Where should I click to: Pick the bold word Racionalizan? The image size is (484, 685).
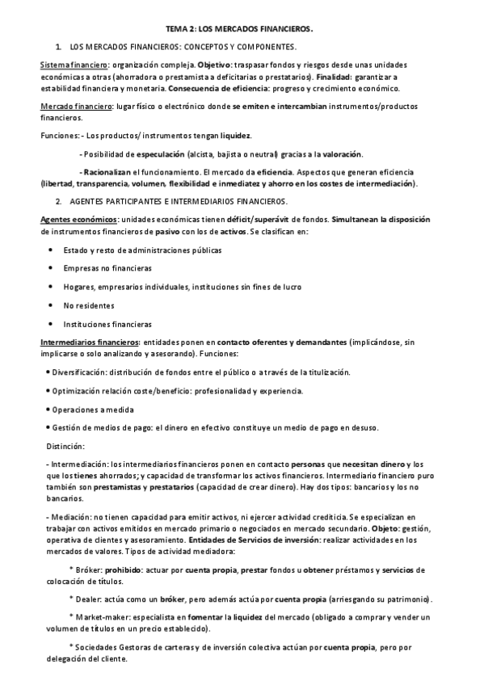[106, 173]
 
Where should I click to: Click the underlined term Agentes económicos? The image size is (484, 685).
[78, 220]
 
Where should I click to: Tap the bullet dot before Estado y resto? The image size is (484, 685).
[51, 250]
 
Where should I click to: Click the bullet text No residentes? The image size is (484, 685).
[89, 306]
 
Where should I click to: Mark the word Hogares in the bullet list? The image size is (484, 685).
[79, 288]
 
